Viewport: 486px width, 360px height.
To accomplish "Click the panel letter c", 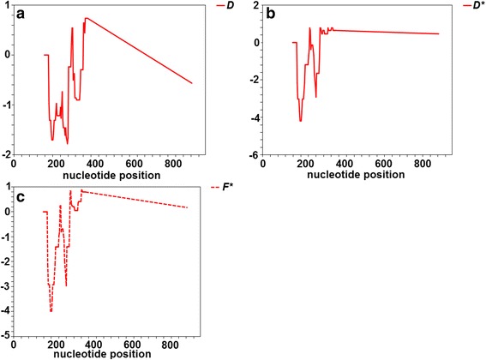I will pyautogui.click(x=30, y=199).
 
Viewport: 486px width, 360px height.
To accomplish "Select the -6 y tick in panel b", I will pyautogui.click(x=254, y=155).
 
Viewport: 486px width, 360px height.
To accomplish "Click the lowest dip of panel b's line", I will pyautogui.click(x=300, y=121).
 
